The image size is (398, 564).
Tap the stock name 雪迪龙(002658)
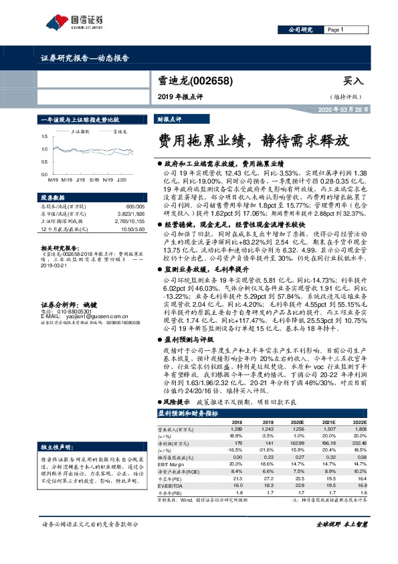(x=195, y=80)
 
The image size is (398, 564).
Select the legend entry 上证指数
(x=80, y=133)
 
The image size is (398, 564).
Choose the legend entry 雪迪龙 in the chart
(x=120, y=133)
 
